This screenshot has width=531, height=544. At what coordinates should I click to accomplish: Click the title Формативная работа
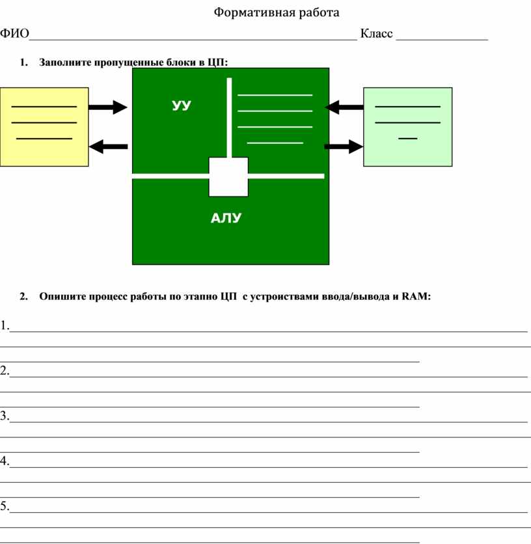(x=277, y=12)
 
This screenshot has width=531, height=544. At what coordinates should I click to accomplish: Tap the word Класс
(x=376, y=34)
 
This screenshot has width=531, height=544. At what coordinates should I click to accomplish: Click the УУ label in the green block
(x=182, y=105)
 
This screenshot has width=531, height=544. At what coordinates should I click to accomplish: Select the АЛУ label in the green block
(x=226, y=219)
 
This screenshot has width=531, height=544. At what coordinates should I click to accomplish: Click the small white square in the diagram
(x=228, y=176)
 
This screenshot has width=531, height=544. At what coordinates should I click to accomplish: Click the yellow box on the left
(x=44, y=126)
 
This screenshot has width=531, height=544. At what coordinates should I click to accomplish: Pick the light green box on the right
(x=407, y=126)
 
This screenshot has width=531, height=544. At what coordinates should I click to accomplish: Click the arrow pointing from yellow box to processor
(x=108, y=107)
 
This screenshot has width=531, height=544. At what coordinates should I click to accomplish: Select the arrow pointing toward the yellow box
(x=108, y=147)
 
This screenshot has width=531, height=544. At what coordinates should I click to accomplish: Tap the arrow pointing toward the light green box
(x=344, y=147)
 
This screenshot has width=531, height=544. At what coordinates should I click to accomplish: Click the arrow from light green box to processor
(x=344, y=106)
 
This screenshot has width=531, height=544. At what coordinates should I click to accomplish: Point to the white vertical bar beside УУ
(x=229, y=117)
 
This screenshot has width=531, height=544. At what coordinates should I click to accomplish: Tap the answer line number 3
(x=267, y=421)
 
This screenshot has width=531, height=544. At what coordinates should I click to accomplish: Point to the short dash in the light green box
(x=408, y=139)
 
